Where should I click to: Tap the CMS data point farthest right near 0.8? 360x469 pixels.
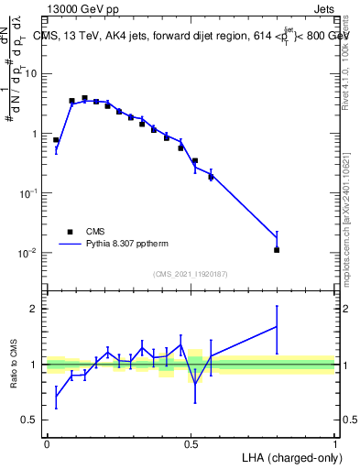tap(277, 249)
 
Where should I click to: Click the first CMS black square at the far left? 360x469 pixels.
tap(56, 140)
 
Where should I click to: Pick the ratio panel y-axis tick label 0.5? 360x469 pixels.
tap(29, 420)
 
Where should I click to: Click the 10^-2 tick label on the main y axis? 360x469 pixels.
tap(27, 253)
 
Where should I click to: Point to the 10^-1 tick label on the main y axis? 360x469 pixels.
tap(27, 193)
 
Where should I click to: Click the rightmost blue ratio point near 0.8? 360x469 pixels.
tap(277, 326)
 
